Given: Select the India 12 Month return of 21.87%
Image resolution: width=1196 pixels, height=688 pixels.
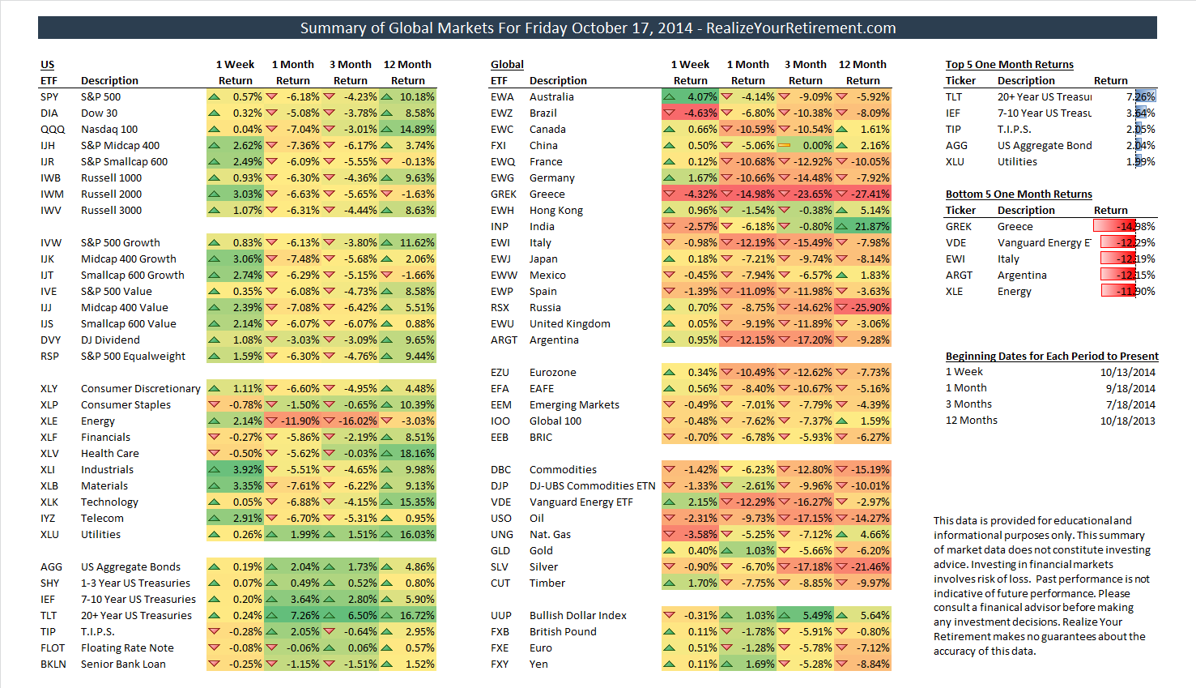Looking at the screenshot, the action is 872,226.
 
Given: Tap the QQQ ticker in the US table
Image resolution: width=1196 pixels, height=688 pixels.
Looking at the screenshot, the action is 53,130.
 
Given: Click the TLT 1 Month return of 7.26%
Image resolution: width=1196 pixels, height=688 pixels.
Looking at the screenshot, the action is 305,615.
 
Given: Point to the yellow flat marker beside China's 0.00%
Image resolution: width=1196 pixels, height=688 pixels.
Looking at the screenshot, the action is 785,145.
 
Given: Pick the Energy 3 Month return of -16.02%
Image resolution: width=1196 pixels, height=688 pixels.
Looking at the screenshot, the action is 356,421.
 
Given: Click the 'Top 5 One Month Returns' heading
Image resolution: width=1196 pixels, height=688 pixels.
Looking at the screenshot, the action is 1009,65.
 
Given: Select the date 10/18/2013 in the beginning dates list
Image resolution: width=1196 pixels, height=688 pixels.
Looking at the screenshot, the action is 1128,421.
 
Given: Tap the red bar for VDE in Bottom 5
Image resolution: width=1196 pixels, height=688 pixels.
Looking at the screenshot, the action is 1118,242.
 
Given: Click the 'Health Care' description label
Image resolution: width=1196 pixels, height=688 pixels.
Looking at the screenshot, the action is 109,454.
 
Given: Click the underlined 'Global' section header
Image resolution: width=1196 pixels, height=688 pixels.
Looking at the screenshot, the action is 507,65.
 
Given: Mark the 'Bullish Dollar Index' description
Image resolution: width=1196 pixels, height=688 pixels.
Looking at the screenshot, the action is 577,615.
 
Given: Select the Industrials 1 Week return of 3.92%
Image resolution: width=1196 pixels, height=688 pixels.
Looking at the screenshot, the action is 247,469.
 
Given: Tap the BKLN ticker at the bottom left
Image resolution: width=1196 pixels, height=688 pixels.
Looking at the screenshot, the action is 53,664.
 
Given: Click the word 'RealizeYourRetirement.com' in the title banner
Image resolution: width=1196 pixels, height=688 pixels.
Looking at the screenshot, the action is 801,28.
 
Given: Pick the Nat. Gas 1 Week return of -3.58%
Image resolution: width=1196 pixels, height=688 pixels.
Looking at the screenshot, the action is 700,534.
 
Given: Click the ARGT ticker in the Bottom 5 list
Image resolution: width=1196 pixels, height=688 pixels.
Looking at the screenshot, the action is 959,275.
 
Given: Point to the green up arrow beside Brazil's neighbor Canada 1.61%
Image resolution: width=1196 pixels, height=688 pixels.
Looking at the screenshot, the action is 842,130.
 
